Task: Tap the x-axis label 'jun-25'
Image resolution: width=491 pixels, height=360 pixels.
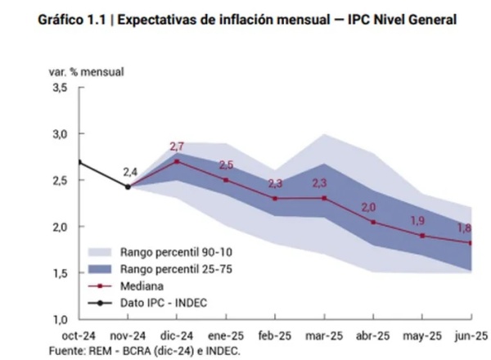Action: [x=471, y=335]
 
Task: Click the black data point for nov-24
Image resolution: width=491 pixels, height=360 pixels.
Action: [x=128, y=187]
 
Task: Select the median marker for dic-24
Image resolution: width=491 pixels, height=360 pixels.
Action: [x=177, y=161]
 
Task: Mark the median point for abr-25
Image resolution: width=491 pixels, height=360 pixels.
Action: [x=373, y=222]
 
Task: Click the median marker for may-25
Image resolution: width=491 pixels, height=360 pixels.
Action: [x=422, y=236]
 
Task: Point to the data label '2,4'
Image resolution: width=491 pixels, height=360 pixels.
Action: [x=131, y=172]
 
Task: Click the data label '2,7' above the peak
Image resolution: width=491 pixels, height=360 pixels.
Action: [x=178, y=146]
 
